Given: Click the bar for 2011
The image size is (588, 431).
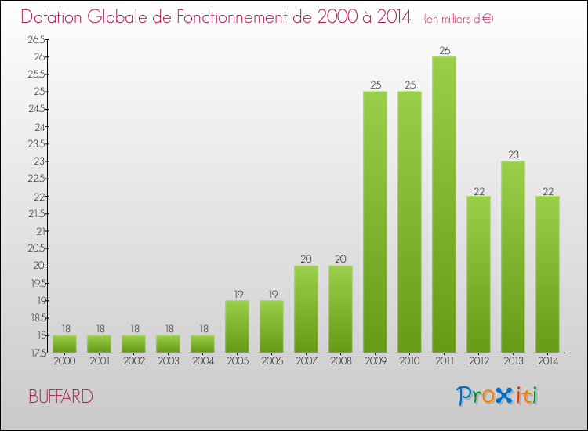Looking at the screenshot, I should coord(444,204).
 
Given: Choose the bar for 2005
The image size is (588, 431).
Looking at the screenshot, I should coord(237,326).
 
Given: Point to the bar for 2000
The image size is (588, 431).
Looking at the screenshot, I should coord(65,343).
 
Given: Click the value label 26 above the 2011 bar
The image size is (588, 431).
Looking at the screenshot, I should coord(445,51).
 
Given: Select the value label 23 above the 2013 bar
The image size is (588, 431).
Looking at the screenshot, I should coord(513,155).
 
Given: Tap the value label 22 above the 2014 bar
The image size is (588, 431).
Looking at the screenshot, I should coord(547,190).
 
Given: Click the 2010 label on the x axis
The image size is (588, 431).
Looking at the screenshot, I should coord(409,361).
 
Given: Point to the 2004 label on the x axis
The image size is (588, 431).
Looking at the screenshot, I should coord(203,361).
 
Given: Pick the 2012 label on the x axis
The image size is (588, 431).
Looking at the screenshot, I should coord(478,361).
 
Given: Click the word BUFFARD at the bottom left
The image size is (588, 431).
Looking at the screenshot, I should coord(60,397).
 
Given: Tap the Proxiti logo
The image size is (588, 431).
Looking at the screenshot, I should coord(498,396).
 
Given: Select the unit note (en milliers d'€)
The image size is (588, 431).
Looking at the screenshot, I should coord(458,18).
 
